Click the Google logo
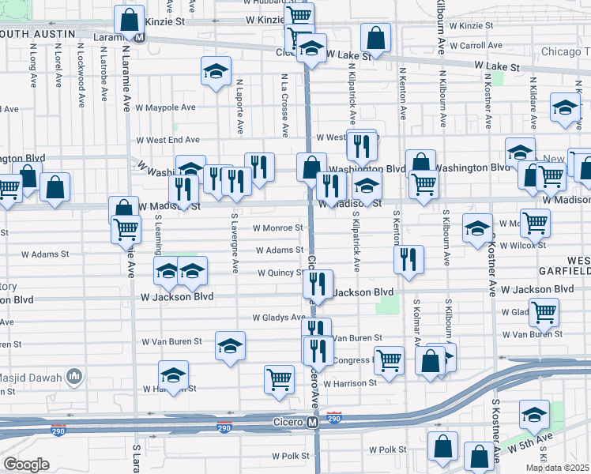point(26,465)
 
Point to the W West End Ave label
point(168,140)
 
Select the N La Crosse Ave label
point(284,99)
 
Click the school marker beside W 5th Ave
point(535,413)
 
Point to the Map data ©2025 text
point(558,468)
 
